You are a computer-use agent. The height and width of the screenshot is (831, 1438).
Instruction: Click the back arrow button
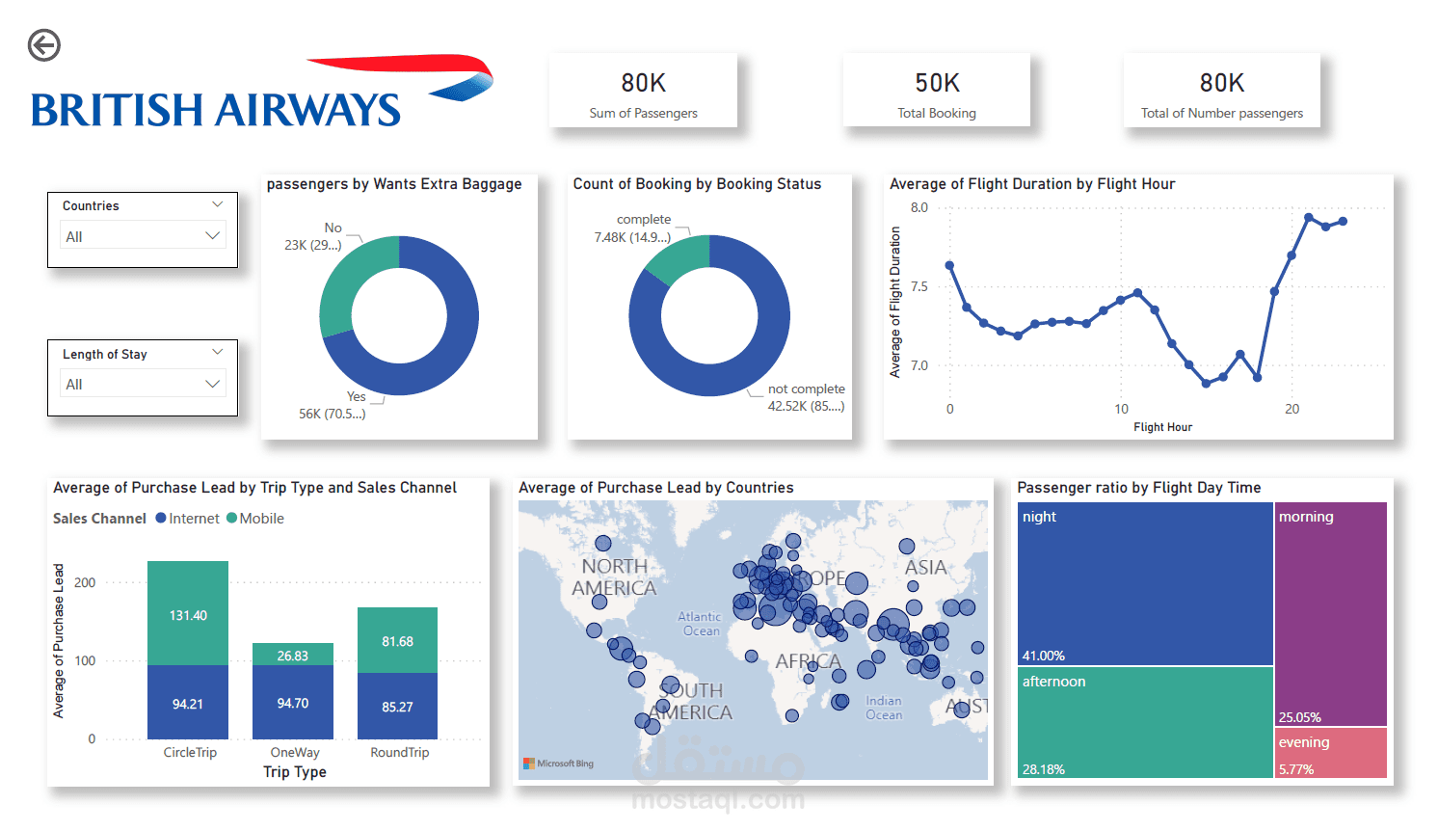click(44, 45)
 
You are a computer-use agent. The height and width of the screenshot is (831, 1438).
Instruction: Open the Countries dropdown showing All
click(143, 236)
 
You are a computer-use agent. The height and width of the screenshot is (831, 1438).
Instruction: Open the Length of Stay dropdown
click(143, 384)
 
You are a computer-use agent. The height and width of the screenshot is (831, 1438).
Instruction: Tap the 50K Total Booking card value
click(937, 84)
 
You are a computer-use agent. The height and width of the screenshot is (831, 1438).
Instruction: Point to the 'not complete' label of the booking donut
click(806, 389)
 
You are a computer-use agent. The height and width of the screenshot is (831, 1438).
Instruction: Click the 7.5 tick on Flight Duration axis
click(919, 286)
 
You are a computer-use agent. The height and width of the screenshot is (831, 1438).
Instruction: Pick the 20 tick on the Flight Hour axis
click(1292, 409)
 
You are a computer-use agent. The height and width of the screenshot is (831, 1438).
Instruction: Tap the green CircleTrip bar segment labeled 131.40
click(188, 613)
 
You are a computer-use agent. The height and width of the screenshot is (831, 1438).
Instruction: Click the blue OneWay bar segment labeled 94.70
click(293, 702)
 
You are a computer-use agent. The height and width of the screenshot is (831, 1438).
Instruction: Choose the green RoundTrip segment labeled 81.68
click(397, 640)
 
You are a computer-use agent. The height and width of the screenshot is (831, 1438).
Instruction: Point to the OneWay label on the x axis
click(295, 753)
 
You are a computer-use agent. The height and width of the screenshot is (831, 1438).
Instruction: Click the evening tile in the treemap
click(1330, 752)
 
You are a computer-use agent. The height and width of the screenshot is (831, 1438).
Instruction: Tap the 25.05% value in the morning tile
click(1299, 717)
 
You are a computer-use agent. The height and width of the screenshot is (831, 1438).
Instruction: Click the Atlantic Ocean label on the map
click(700, 624)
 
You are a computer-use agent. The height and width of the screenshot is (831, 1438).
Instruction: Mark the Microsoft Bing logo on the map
click(558, 764)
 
